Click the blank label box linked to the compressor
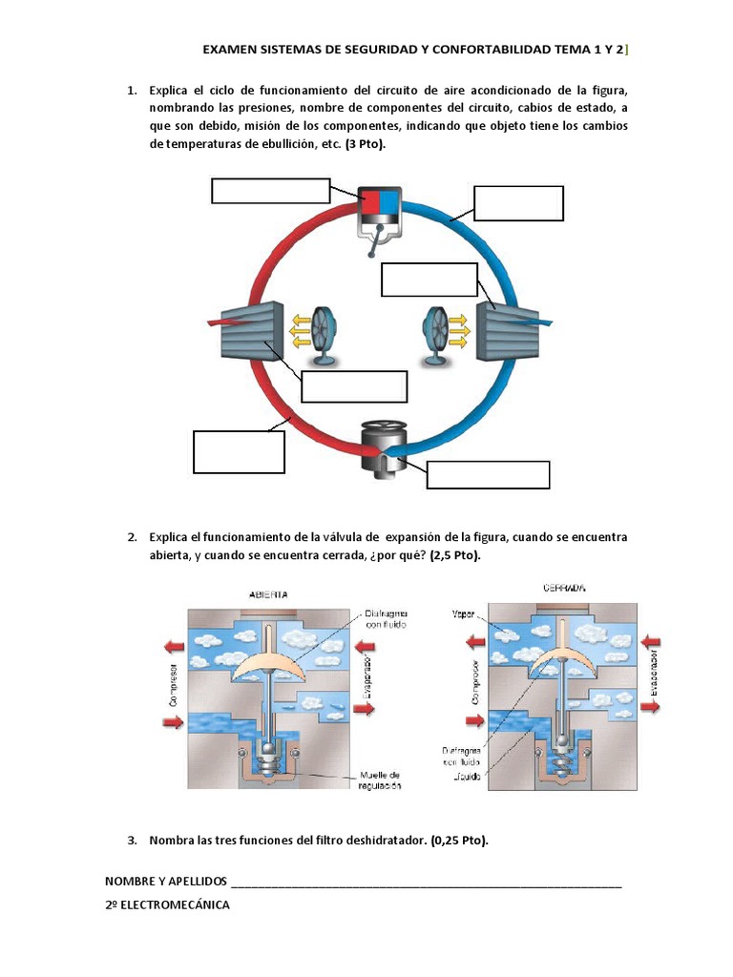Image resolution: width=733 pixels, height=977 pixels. [x=270, y=191]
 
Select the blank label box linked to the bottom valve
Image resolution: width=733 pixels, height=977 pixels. [x=488, y=474]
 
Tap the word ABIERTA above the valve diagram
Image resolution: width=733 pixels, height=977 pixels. [x=268, y=593]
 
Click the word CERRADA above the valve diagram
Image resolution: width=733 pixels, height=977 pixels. [x=564, y=588]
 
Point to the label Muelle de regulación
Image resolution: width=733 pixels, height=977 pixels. [x=381, y=780]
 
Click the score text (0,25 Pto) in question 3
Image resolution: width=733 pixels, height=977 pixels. [x=459, y=841]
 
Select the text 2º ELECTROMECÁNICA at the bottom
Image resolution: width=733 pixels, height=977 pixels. [x=167, y=904]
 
